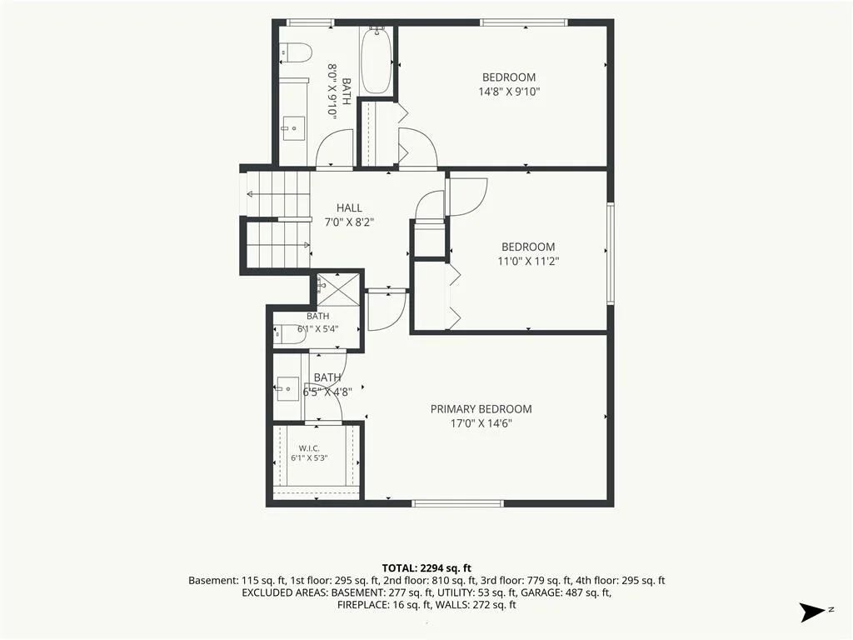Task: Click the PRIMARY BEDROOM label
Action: tap(481, 408)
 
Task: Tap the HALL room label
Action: tap(349, 207)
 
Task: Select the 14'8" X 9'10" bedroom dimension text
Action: tap(509, 92)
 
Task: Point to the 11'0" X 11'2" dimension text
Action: tap(528, 261)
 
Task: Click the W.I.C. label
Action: tap(309, 447)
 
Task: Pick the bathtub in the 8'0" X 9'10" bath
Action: tap(376, 60)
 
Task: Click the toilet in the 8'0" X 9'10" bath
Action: tap(296, 52)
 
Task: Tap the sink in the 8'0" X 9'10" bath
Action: tap(294, 129)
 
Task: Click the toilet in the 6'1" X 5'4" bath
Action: tap(290, 334)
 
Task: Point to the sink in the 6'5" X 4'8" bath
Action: tap(287, 389)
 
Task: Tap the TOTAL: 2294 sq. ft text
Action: tap(426, 568)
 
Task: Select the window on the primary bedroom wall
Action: tap(457, 503)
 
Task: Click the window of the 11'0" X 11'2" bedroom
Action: tap(611, 253)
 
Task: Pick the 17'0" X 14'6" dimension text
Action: tap(481, 423)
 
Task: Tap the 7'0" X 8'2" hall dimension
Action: tap(349, 222)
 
